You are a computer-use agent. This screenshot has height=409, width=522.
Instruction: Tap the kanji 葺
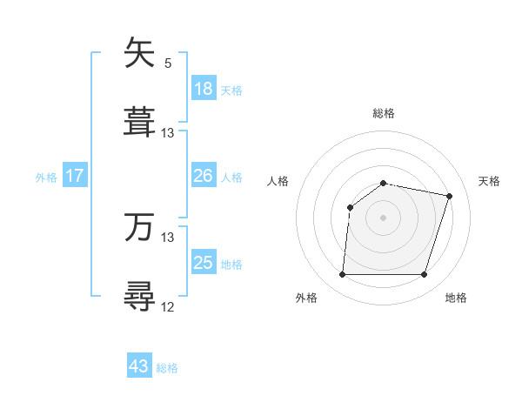[x=140, y=123]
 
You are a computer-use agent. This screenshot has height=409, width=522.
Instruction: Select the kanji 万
[x=140, y=228]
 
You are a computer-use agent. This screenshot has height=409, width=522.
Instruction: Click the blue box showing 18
[x=204, y=89]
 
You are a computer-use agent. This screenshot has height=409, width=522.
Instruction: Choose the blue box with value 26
[x=204, y=176]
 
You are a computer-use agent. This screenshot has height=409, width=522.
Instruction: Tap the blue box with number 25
[x=204, y=263]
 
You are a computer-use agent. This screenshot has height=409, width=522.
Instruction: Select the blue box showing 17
[x=75, y=176]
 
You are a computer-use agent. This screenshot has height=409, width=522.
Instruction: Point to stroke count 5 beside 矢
[x=168, y=64]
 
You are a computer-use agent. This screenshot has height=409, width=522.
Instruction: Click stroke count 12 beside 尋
[x=168, y=306]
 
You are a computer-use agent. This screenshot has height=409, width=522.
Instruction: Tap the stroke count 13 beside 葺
[x=168, y=133]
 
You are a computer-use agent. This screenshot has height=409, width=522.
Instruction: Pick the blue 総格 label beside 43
[x=168, y=368]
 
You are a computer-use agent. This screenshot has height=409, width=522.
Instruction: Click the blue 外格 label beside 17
[x=46, y=178]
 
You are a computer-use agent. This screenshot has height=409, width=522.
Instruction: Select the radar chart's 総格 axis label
[x=384, y=113]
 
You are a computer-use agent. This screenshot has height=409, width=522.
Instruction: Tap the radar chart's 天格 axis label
[x=489, y=181]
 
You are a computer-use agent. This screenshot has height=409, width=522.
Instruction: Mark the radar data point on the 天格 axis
[x=449, y=196]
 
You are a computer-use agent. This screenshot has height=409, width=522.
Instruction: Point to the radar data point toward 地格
[x=424, y=275]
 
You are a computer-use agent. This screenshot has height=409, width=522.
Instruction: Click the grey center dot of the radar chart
[x=383, y=217]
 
